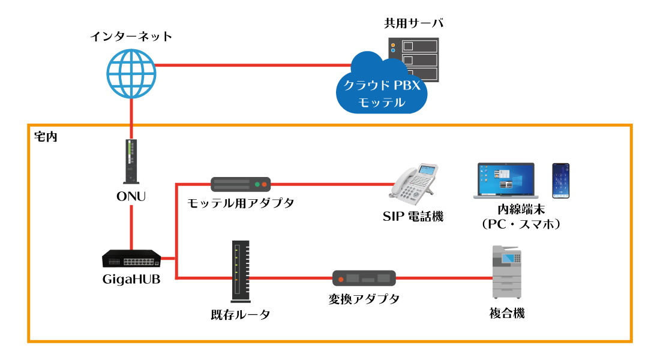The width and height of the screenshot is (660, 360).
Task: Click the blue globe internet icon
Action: (131, 74)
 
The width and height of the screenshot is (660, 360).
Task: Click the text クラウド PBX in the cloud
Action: (382, 86)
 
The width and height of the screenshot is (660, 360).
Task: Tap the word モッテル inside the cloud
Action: (382, 103)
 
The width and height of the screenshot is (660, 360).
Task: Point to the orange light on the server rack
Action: (393, 45)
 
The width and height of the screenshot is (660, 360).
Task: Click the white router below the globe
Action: (131, 161)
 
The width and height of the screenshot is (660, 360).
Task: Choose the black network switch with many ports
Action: (131, 259)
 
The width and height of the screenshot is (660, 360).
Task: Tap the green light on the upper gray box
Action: (257, 184)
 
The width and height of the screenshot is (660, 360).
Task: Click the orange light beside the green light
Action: (264, 184)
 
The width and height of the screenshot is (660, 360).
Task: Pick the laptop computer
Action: (505, 181)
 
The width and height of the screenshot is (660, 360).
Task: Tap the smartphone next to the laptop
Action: (560, 180)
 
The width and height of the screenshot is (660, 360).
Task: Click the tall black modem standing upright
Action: (240, 271)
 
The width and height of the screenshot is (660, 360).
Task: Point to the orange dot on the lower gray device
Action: (341, 279)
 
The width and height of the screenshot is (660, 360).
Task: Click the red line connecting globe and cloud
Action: (252, 65)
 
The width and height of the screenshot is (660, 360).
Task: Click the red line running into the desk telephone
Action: (330, 184)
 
